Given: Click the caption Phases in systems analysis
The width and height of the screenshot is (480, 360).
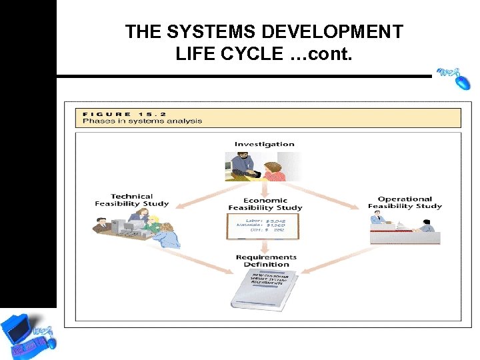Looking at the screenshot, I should (x=142, y=121).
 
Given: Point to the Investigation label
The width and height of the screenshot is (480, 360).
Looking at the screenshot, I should (x=264, y=144).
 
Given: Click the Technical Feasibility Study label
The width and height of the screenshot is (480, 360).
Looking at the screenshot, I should (x=131, y=200).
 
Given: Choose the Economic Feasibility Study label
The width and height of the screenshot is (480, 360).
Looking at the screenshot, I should (x=265, y=204).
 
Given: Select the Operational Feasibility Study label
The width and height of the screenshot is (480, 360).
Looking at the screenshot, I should (x=405, y=203).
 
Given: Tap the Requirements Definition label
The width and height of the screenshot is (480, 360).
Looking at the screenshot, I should (x=266, y=261).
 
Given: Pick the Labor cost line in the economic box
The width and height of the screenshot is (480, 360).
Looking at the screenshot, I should (x=266, y=219).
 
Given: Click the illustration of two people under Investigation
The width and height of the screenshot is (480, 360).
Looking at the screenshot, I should (x=256, y=166).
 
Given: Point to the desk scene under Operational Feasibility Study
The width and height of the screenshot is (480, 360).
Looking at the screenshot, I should (x=403, y=229).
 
